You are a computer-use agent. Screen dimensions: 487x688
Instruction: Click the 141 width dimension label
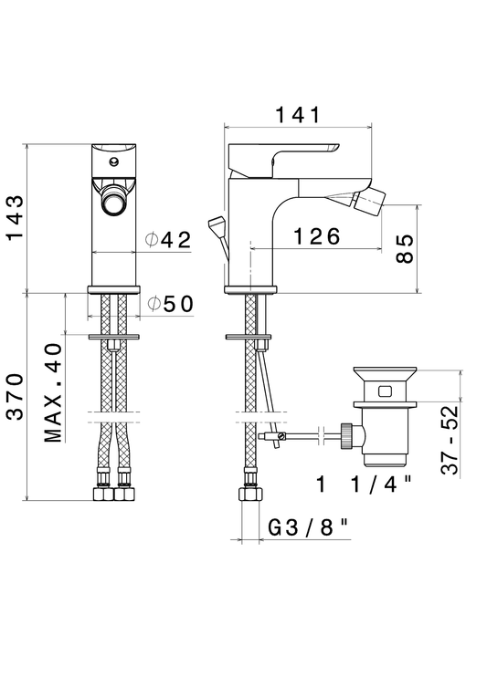(298, 115)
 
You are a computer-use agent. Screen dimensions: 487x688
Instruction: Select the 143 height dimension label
(15, 218)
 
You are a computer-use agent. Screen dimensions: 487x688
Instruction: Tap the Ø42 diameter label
(169, 240)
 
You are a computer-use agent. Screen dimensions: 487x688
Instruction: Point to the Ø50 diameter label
(171, 304)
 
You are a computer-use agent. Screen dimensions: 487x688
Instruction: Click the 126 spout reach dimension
(316, 236)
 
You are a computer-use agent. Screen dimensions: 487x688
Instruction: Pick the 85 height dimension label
(405, 248)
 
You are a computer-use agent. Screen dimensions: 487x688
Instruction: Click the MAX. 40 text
(53, 392)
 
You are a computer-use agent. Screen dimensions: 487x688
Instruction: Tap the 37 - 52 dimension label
(450, 440)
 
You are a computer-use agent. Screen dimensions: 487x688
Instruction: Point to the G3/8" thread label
(309, 527)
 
